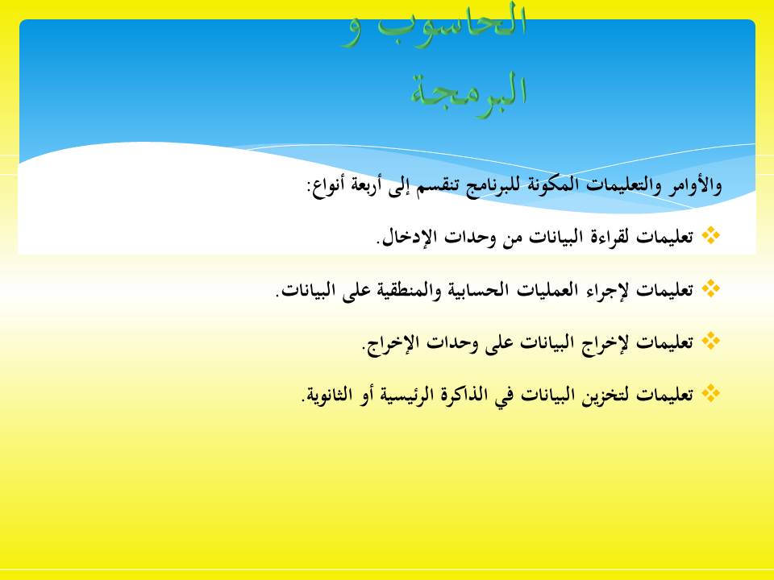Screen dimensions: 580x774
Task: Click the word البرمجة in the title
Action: [x=468, y=90]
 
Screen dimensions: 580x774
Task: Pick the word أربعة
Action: [x=364, y=185]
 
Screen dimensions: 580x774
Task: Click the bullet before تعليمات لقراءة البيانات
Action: [x=710, y=235]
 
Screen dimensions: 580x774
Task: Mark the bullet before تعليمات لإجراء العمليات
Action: [x=710, y=288]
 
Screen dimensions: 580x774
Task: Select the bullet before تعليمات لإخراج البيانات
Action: [x=710, y=342]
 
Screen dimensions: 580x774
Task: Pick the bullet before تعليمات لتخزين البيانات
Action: [x=710, y=394]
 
